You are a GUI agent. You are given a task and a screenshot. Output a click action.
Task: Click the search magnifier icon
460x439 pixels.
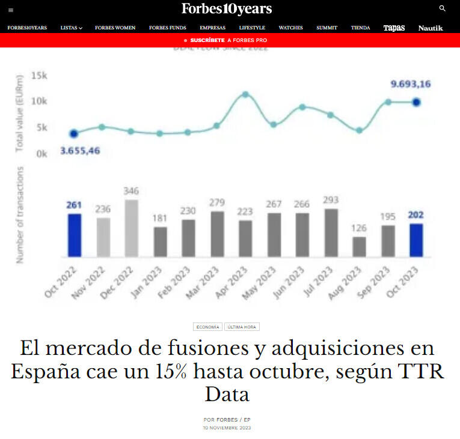[x=443, y=8]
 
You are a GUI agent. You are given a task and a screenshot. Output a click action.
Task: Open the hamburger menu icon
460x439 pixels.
[x=11, y=10]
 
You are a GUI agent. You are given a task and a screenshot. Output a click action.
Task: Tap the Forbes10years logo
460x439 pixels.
[x=227, y=8]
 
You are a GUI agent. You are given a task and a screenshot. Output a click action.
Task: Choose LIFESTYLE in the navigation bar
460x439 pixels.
[x=252, y=28]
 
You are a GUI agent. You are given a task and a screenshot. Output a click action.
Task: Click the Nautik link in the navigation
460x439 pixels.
[x=431, y=28]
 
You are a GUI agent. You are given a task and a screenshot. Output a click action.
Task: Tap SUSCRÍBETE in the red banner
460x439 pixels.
[x=207, y=40]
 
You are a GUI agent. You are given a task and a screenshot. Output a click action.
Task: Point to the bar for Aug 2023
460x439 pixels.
[x=360, y=247]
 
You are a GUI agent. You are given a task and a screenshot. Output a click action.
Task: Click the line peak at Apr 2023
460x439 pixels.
[x=245, y=94]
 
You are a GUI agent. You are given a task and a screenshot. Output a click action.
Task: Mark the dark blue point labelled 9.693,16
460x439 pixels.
[x=416, y=102]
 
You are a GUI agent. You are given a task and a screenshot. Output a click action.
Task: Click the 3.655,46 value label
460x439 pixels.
[x=80, y=150]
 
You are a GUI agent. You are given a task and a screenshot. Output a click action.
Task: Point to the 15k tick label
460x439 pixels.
[x=39, y=76]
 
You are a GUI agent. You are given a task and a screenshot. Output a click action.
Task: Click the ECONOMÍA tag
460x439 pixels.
[x=207, y=327]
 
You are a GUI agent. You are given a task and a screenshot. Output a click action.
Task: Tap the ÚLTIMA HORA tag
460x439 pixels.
[x=242, y=327]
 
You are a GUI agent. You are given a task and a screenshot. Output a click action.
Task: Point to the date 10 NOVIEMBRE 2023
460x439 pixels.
[x=227, y=428]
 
